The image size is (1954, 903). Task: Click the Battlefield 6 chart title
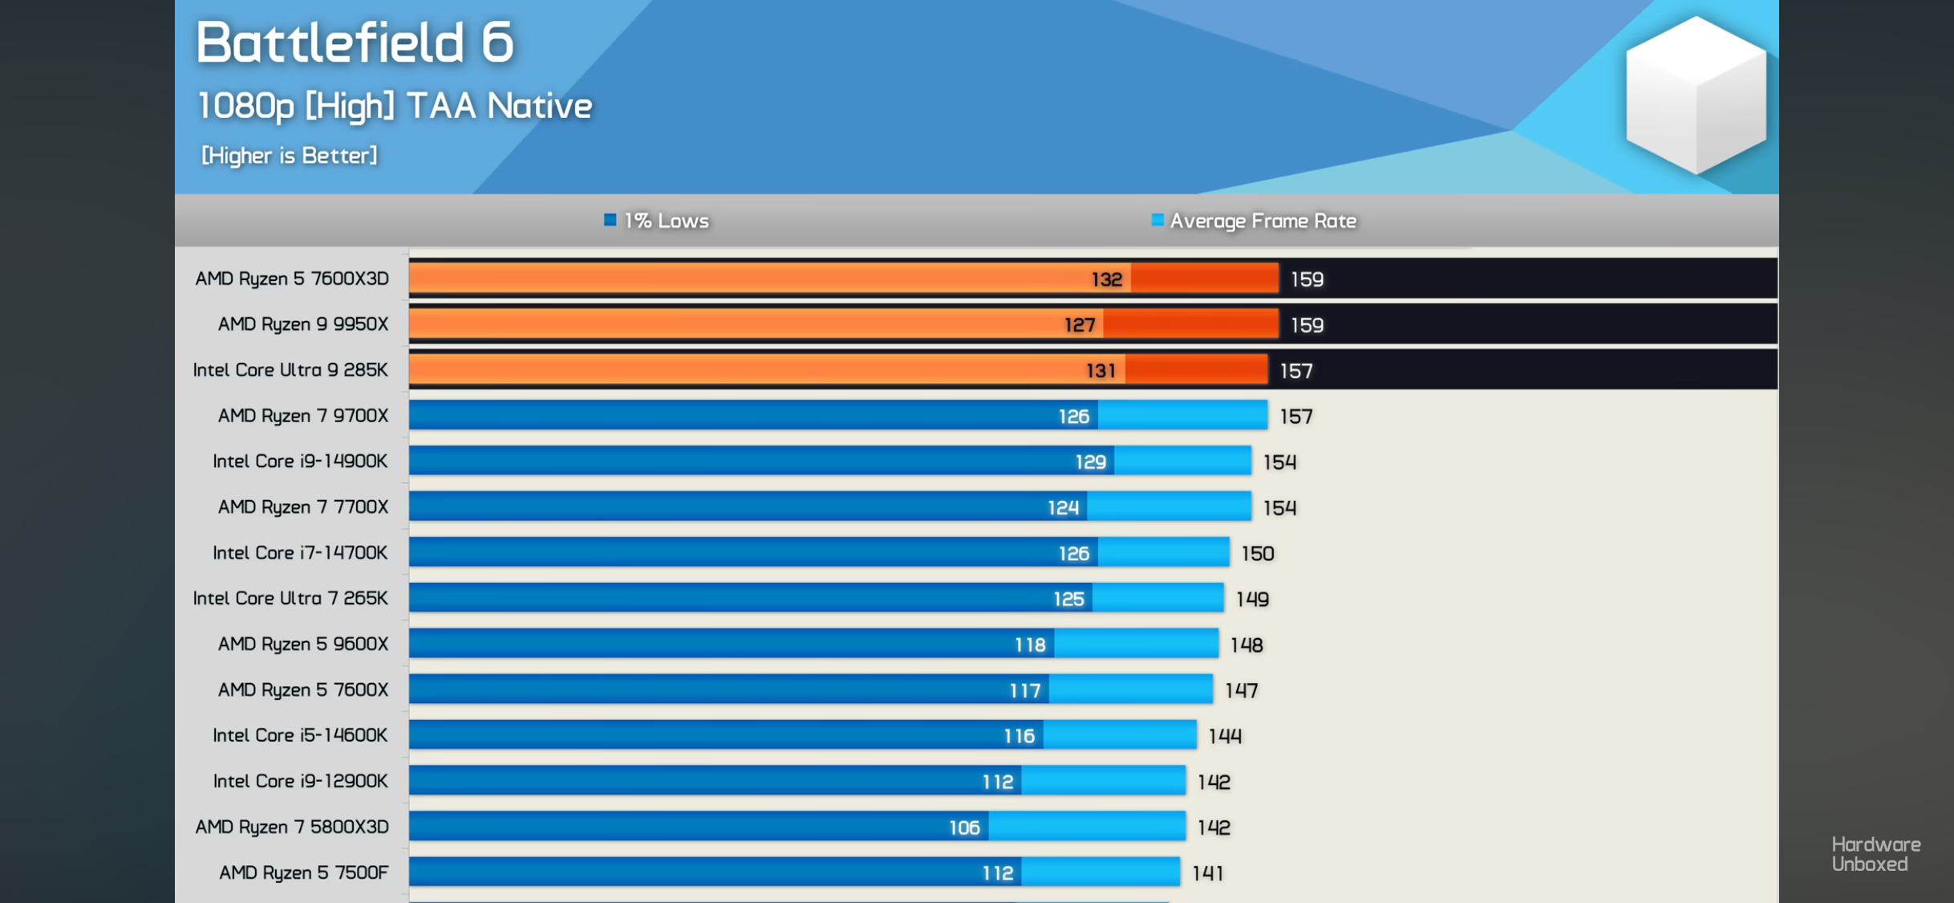point(355,42)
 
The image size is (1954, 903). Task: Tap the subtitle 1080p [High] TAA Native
point(395,106)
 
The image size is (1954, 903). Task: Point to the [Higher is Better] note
point(289,155)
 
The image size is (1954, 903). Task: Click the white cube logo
point(1695,95)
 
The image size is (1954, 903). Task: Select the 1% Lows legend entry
point(657,221)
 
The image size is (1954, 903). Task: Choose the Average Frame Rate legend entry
point(1255,221)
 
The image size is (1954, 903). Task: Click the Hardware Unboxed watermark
point(1875,854)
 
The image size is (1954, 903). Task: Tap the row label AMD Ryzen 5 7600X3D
point(292,279)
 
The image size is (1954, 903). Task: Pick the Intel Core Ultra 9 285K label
point(290,370)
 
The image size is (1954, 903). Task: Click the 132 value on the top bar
point(1106,279)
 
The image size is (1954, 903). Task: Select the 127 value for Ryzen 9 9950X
point(1079,325)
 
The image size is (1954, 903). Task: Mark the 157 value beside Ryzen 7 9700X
point(1296,417)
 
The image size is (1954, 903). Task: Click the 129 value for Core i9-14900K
point(1090,462)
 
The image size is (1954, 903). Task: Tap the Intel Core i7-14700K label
point(300,553)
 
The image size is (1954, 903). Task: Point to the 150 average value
point(1257,554)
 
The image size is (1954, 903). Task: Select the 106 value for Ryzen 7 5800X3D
point(964,828)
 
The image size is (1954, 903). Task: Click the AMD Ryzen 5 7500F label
point(303,872)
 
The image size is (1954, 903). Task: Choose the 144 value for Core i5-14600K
point(1225,736)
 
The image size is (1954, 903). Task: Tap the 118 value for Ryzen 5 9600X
point(1030,645)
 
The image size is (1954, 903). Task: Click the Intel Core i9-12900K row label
point(300,781)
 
